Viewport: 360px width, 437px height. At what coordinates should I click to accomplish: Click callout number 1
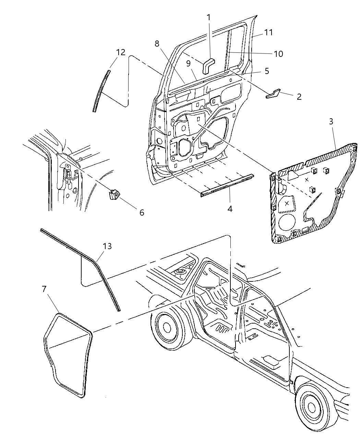(x=209, y=17)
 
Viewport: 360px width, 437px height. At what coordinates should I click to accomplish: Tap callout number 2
(x=299, y=97)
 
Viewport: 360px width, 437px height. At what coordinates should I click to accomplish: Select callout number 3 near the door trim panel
(x=331, y=122)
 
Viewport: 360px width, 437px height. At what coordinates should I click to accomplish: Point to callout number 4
(x=230, y=208)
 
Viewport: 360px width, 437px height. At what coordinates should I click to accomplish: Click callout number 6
(x=141, y=213)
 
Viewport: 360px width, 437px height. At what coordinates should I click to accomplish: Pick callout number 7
(x=44, y=289)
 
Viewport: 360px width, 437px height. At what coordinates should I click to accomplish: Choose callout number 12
(x=120, y=52)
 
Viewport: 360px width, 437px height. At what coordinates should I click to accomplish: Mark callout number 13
(x=107, y=246)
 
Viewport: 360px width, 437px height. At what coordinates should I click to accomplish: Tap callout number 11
(x=268, y=32)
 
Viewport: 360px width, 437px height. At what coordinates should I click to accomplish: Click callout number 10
(x=278, y=54)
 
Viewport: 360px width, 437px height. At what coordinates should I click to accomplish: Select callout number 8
(x=157, y=44)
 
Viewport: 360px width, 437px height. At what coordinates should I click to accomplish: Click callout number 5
(x=267, y=71)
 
